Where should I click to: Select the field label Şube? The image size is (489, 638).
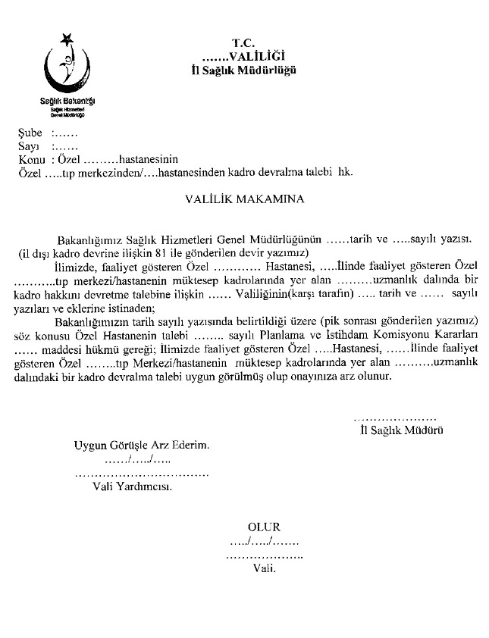(x=30, y=133)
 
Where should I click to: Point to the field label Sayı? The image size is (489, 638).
(x=28, y=146)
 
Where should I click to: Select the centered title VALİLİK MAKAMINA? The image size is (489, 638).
(x=244, y=202)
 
